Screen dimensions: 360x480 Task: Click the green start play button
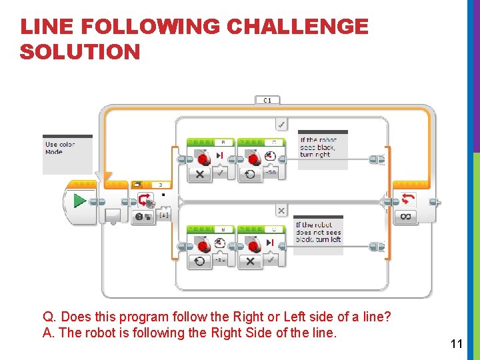coord(79,200)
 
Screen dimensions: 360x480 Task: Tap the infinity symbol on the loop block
coord(406,217)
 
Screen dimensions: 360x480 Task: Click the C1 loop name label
coord(267,100)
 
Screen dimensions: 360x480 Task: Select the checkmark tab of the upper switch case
coord(281,125)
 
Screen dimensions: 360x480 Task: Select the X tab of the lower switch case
coord(281,211)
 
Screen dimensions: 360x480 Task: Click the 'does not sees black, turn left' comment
coord(319,233)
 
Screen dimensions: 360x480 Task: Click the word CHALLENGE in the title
coord(297,27)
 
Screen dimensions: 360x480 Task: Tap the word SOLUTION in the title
coord(80,52)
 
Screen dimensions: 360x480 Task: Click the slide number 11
coord(457,344)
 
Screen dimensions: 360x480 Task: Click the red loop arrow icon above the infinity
coord(406,199)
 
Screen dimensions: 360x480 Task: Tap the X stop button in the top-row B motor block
coord(199,174)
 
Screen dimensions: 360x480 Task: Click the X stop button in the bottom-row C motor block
coord(250,261)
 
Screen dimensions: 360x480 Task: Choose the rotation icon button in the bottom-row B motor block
coord(199,261)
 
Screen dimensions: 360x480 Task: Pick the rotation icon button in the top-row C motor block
coord(250,174)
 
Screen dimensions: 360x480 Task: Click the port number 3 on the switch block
coord(160,185)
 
